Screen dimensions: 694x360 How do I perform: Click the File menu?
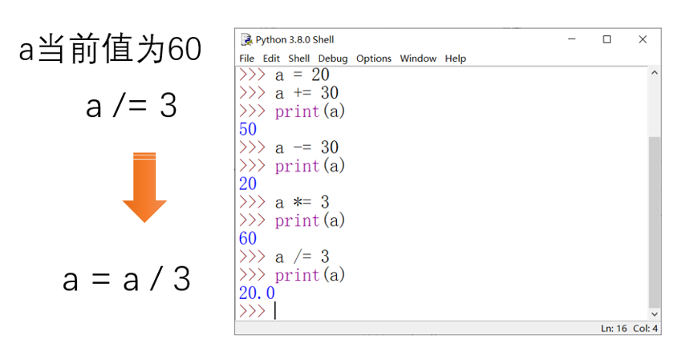(x=246, y=59)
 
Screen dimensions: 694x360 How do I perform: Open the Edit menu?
(x=271, y=59)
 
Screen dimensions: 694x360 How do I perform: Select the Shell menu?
(x=298, y=59)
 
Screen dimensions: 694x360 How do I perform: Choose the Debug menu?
(x=333, y=59)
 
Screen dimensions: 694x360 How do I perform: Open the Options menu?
(x=374, y=59)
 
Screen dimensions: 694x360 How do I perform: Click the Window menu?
(x=418, y=59)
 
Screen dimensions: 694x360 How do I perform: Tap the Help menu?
(x=456, y=59)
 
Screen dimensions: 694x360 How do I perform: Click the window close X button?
(x=643, y=39)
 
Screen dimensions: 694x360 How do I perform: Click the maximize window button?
(x=607, y=39)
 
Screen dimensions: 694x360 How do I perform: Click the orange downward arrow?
(x=144, y=187)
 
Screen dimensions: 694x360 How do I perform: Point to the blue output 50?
(x=248, y=129)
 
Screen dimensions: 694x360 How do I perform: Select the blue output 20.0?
(x=257, y=293)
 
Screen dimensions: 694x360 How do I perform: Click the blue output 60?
(x=248, y=238)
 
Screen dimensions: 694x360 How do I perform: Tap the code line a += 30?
(x=306, y=93)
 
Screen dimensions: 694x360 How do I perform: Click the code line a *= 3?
(x=302, y=202)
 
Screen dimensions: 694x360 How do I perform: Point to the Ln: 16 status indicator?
(x=614, y=329)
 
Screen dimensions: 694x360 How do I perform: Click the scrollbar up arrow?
(x=655, y=72)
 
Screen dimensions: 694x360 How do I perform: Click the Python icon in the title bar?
(x=246, y=39)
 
